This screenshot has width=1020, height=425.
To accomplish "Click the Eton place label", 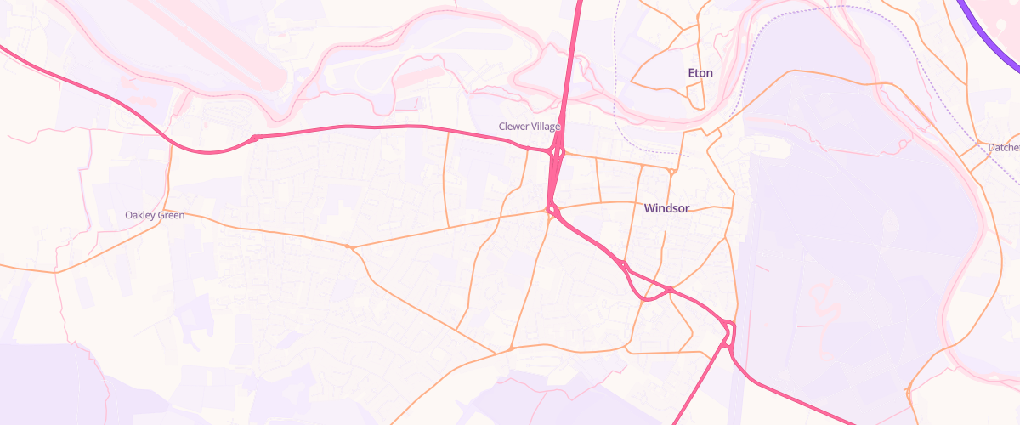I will click(x=700, y=73).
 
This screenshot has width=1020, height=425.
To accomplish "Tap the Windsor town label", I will click(x=666, y=208).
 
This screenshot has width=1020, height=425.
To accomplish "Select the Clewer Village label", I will click(x=530, y=127).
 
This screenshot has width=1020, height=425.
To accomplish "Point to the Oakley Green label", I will click(x=155, y=215).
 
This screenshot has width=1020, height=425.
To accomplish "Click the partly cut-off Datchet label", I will click(x=1004, y=148).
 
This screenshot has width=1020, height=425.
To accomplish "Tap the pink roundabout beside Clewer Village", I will click(x=558, y=152).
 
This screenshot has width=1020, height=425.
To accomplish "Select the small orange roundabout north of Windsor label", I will click(x=671, y=171).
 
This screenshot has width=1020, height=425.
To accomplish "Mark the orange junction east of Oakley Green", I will click(x=348, y=247).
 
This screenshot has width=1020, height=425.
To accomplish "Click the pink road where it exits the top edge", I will click(x=579, y=3).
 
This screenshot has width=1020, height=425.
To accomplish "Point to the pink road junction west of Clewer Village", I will click(x=255, y=138).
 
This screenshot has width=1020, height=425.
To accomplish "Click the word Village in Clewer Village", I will click(x=545, y=127).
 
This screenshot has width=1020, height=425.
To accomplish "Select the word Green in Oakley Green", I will click(x=171, y=215).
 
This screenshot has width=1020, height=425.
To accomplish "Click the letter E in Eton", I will click(x=692, y=73).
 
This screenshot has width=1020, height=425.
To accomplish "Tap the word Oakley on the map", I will click(x=139, y=215).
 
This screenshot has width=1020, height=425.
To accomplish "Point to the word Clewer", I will click(x=513, y=127).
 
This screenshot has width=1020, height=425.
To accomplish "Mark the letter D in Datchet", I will click(x=992, y=148).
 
